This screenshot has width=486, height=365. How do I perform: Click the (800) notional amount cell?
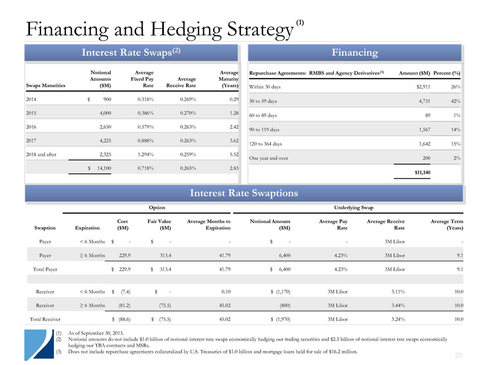[x=281, y=305]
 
